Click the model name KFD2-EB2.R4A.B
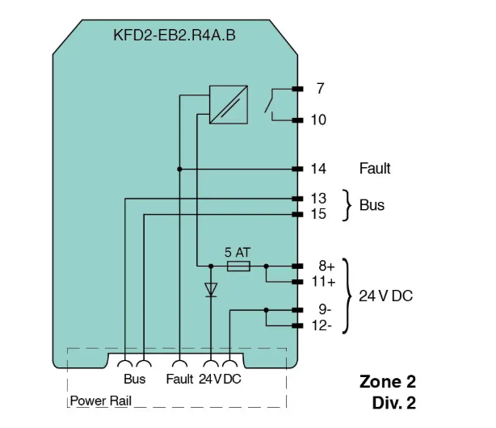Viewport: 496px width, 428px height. [174, 35]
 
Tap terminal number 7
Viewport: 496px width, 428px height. [321, 89]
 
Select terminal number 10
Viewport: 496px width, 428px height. [318, 120]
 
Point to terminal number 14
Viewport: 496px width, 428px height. [318, 169]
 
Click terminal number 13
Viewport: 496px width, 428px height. [318, 199]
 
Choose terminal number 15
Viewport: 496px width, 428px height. [318, 214]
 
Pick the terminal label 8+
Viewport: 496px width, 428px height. [326, 266]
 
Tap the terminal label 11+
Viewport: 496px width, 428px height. [323, 282]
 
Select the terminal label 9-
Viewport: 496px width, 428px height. [325, 309]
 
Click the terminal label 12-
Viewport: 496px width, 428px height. [322, 325]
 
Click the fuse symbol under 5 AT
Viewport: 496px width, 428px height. [238, 266]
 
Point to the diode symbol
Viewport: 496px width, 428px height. [211, 290]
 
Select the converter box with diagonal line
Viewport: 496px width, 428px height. [229, 105]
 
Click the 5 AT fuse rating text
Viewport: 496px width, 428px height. [237, 253]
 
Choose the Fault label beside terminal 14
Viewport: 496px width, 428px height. [375, 168]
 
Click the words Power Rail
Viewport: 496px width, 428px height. [101, 401]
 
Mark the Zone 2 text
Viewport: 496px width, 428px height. [388, 381]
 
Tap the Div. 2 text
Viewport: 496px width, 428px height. [394, 403]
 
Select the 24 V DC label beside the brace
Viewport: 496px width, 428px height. [386, 296]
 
